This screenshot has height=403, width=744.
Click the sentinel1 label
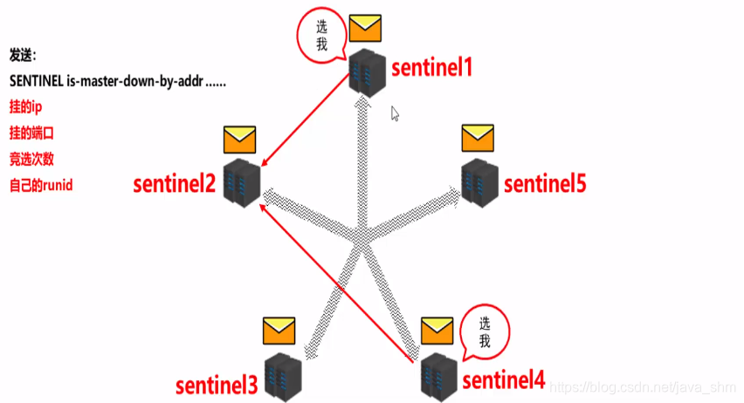click(431, 66)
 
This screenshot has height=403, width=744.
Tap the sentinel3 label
click(217, 384)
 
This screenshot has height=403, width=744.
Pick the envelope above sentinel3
click(280, 331)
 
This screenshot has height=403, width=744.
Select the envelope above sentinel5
click(478, 138)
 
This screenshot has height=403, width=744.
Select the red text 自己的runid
click(39, 186)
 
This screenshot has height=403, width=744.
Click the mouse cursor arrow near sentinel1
click(396, 113)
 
